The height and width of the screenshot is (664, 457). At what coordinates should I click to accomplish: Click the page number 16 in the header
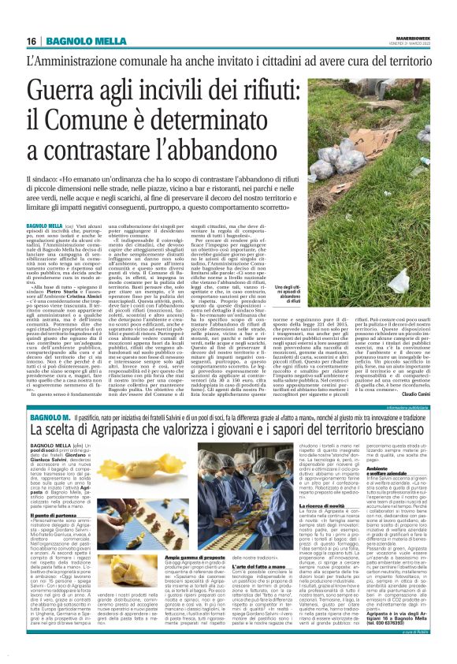point(31,41)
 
